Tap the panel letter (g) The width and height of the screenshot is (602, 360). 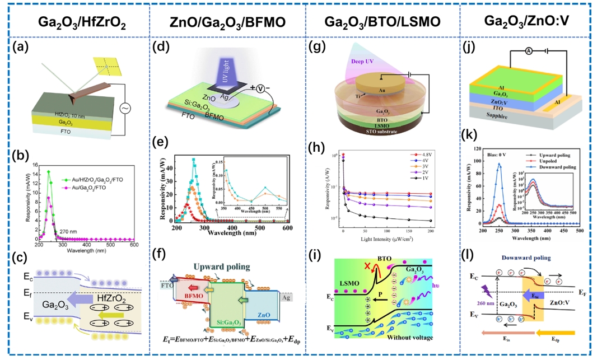click(x=315, y=47)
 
